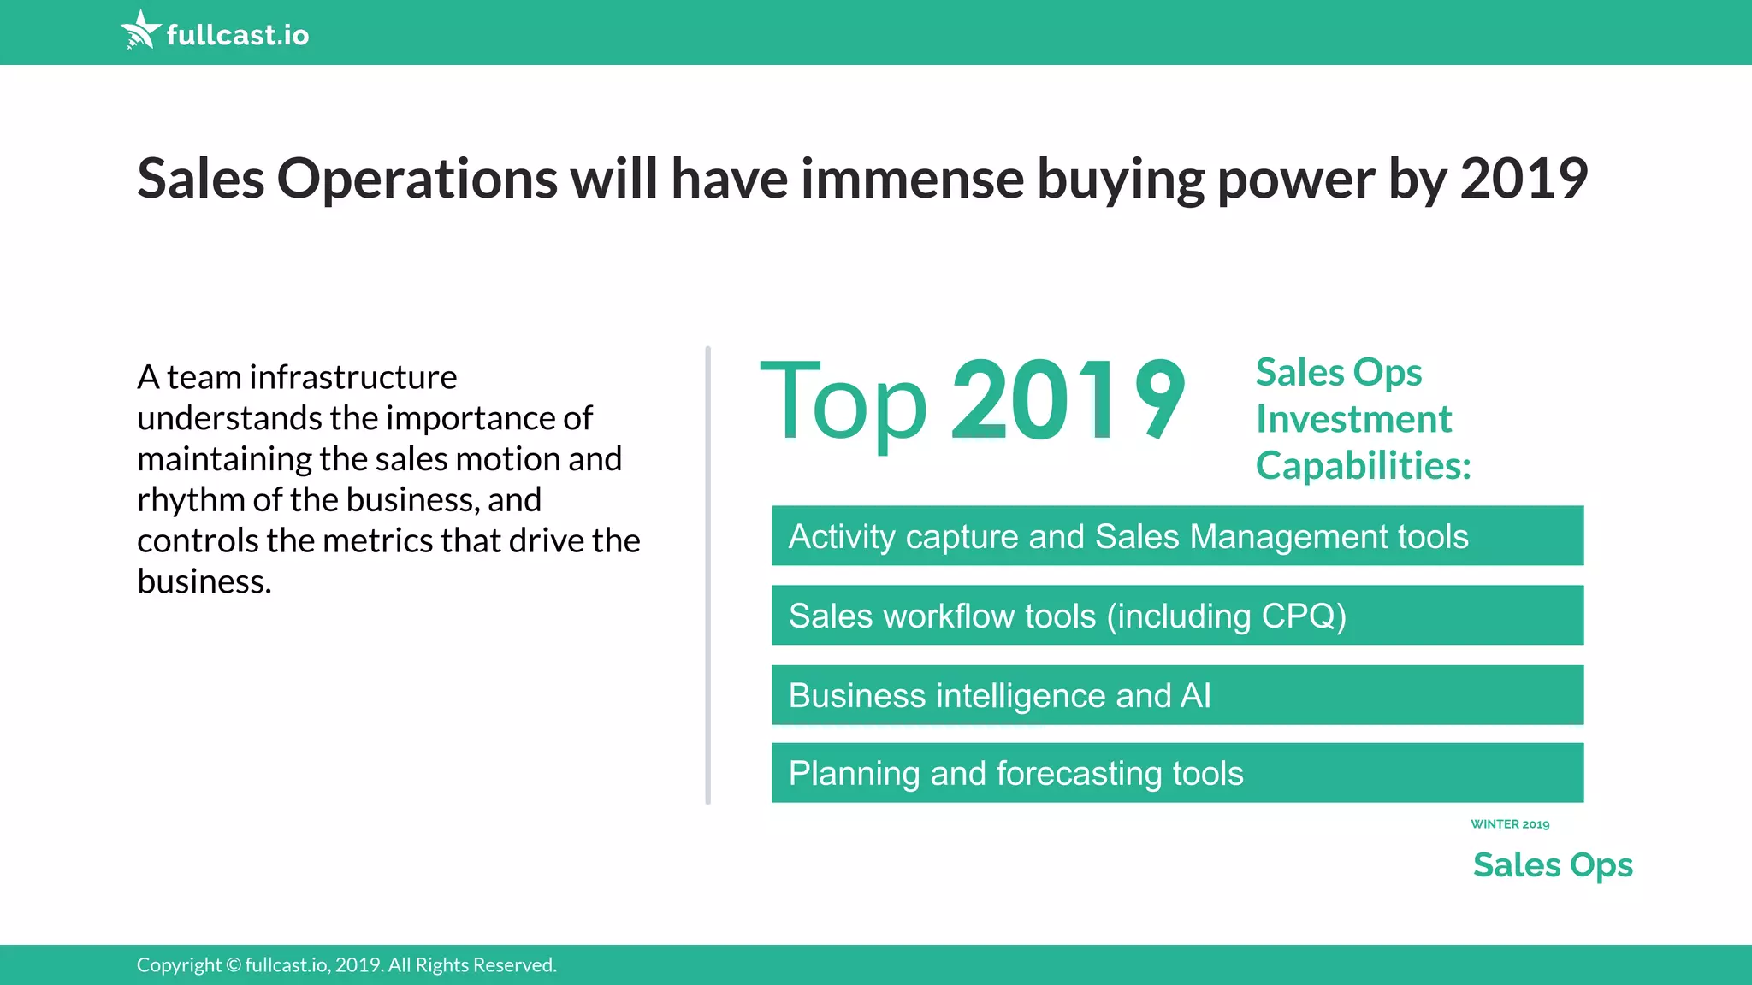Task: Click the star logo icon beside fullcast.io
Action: click(140, 31)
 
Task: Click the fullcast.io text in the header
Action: click(238, 35)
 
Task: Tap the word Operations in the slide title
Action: click(417, 179)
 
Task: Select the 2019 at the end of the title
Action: click(1524, 179)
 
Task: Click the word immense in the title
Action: click(912, 179)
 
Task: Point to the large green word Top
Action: click(843, 402)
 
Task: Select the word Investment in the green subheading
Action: click(1353, 419)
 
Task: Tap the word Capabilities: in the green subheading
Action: click(1363, 466)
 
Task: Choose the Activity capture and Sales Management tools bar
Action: click(1177, 536)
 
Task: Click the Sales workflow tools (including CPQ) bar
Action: click(1177, 616)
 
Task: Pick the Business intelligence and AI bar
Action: click(1177, 695)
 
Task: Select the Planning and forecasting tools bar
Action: click(1177, 773)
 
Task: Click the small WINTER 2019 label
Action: click(1510, 824)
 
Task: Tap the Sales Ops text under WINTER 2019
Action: click(1553, 865)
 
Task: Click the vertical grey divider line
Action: click(707, 575)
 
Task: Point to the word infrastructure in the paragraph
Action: click(353, 377)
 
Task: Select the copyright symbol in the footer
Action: click(234, 965)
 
